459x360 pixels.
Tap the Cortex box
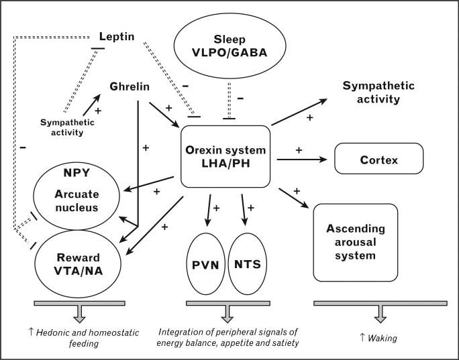(x=379, y=160)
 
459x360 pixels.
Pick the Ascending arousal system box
(x=355, y=243)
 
